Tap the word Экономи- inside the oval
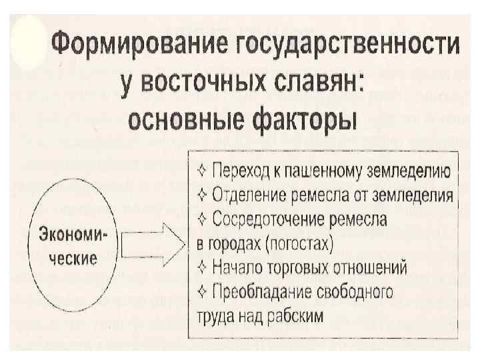coord(77,235)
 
